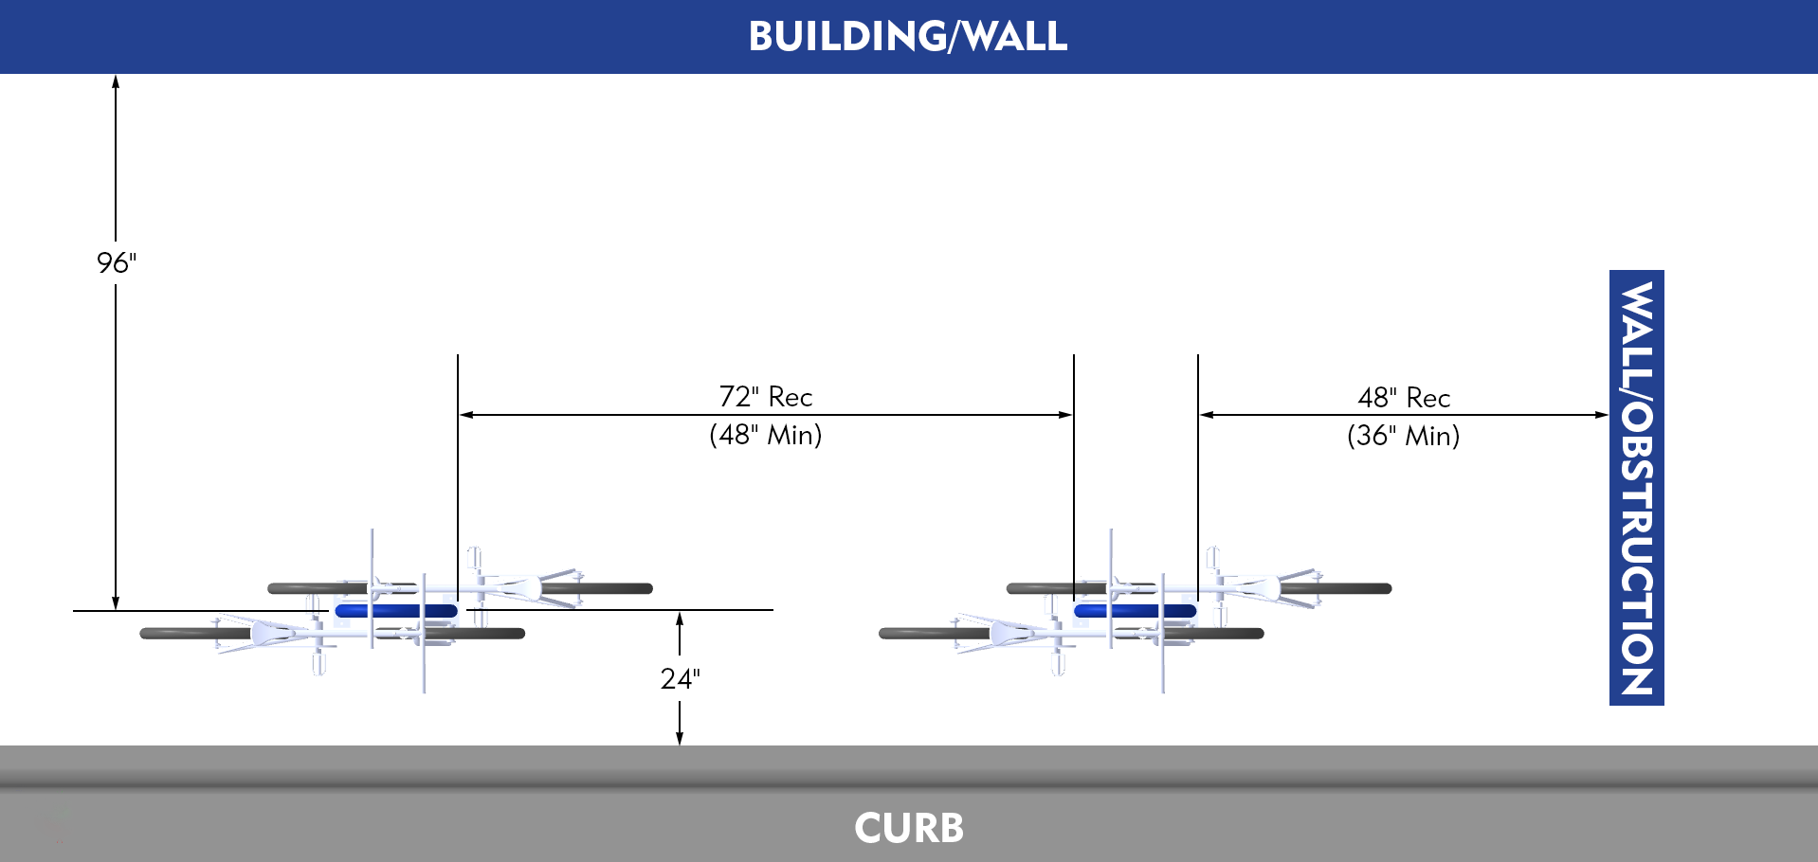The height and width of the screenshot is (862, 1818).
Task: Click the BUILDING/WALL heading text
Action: click(907, 37)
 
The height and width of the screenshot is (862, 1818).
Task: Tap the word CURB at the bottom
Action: click(908, 828)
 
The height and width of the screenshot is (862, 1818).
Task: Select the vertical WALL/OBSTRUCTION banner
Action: click(1636, 488)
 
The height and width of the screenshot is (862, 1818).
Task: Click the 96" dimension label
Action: click(117, 262)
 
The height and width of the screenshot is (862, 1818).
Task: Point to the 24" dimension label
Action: click(680, 678)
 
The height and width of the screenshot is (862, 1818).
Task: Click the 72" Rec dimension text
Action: click(765, 396)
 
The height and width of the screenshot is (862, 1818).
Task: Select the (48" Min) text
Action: click(765, 435)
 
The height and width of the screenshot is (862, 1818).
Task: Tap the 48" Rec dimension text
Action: click(1403, 397)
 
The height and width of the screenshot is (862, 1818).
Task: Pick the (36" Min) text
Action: click(1403, 436)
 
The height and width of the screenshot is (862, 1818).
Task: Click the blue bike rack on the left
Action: click(396, 611)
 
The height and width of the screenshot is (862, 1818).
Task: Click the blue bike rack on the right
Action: click(1135, 611)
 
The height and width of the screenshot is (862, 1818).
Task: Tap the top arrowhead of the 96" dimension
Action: click(116, 81)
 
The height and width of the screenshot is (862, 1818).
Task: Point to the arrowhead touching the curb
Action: click(680, 738)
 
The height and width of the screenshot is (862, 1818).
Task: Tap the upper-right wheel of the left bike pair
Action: click(607, 588)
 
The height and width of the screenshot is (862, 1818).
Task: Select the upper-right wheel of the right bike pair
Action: click(1346, 588)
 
